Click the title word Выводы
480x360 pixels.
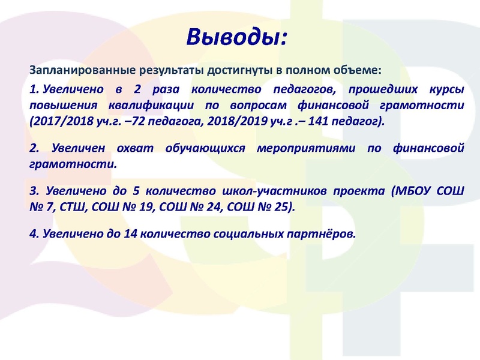click(236, 38)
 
